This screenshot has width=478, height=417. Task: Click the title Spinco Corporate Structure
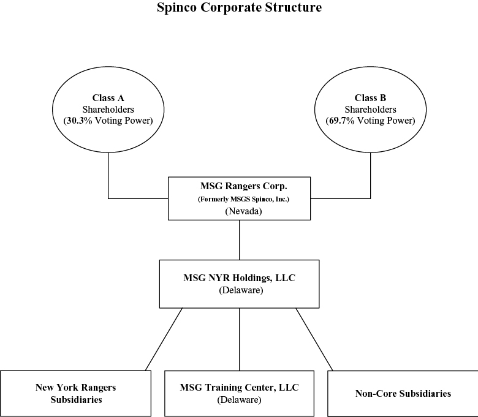239,7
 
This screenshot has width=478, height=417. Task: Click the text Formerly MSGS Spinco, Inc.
243,199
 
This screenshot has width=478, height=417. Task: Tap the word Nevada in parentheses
243,211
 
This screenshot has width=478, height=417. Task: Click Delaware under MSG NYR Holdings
241,290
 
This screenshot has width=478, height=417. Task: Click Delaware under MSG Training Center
239,400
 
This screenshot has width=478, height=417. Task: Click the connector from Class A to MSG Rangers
108,198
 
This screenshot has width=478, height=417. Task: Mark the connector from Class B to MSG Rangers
370,198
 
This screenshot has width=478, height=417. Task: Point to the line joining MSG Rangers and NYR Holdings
239,240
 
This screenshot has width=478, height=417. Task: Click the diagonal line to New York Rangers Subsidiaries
164,339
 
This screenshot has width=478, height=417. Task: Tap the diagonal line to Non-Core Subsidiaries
314,339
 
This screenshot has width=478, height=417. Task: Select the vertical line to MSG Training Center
239,339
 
